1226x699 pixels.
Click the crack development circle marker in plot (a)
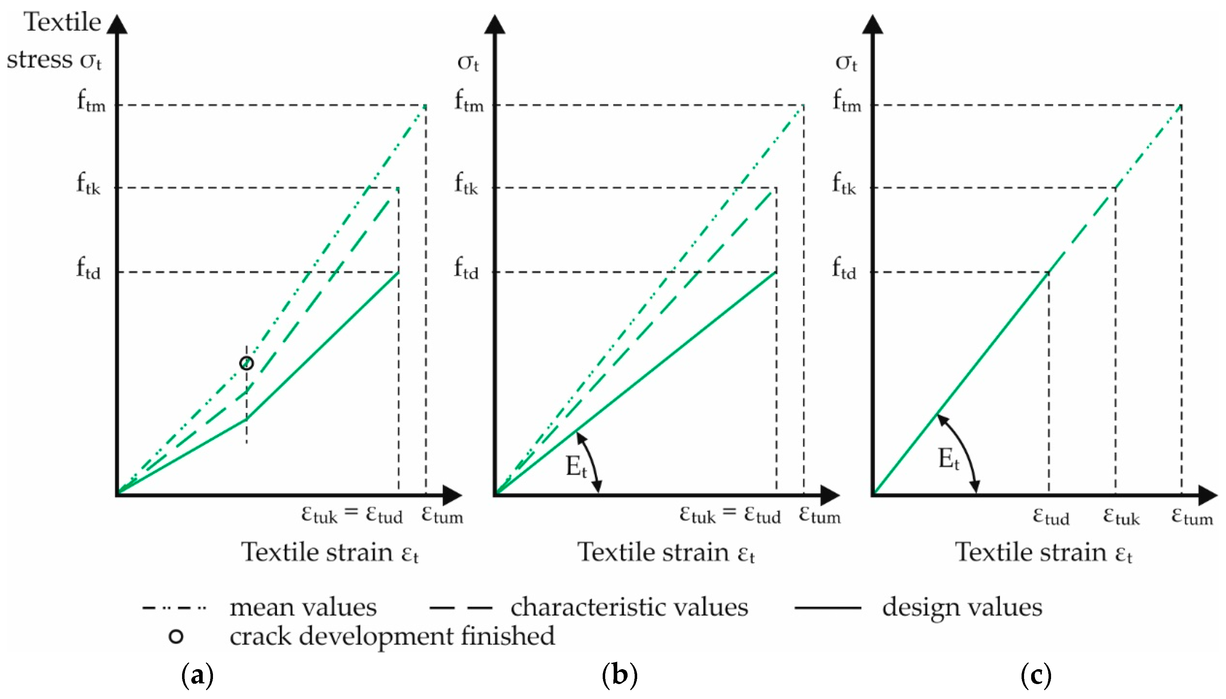246,363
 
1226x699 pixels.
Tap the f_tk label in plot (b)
467,185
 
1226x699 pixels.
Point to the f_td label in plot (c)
844,270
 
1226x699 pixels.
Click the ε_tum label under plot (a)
442,515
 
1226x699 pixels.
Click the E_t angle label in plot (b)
576,466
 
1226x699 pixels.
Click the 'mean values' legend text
303,607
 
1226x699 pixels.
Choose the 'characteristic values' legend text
629,607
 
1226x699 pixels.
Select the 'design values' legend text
962,607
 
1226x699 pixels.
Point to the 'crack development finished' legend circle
176,636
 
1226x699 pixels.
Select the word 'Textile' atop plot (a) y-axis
63,22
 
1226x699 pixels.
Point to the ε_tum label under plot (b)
820,515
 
